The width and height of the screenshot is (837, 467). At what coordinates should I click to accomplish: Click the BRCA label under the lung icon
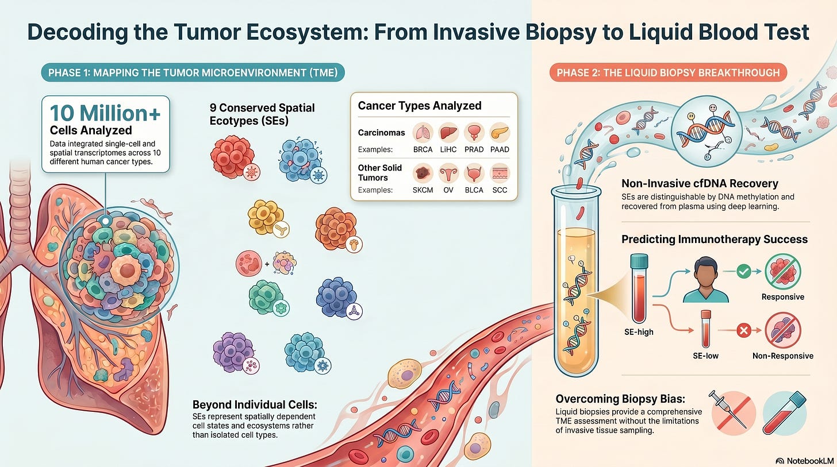(x=423, y=150)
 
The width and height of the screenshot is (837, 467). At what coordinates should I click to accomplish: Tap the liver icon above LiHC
(x=448, y=133)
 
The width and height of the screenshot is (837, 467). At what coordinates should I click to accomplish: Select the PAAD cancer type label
(x=500, y=150)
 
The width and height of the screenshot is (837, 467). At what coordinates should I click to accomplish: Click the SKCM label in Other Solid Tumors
(x=423, y=190)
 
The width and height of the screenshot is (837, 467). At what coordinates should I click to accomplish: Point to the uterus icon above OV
(x=448, y=173)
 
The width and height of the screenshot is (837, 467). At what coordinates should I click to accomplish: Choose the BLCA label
(x=474, y=190)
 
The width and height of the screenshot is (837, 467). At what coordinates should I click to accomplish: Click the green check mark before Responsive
(x=744, y=271)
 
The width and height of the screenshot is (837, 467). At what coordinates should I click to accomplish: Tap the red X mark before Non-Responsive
(x=744, y=330)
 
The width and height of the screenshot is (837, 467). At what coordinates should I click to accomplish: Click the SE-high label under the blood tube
(x=639, y=332)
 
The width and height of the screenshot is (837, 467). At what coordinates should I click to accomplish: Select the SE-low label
(x=705, y=356)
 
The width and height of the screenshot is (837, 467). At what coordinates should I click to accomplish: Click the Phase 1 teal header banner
(x=193, y=72)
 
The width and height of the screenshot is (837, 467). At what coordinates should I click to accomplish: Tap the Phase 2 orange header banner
(x=668, y=72)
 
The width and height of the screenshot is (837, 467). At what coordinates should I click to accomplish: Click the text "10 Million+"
(x=105, y=113)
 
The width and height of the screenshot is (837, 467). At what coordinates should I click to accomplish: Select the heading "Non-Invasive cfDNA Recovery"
(x=700, y=183)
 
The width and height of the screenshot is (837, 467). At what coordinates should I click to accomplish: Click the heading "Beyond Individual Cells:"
(x=255, y=404)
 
